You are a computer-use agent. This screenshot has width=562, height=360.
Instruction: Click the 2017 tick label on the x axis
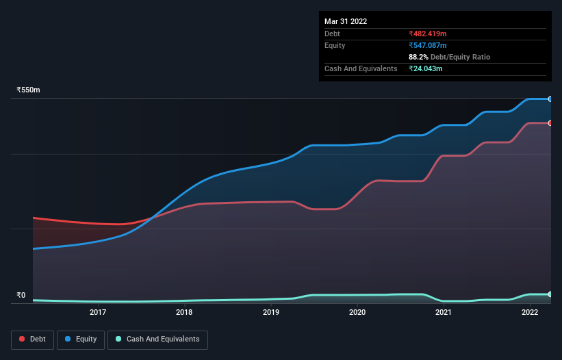pos(98,313)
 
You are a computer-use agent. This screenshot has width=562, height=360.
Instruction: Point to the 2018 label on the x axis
pos(184,313)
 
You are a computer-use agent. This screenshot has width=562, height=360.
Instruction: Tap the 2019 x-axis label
pos(271,313)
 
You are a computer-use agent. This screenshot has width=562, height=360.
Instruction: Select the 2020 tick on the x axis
pos(357,313)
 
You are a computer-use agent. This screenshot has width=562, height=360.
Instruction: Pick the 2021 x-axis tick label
pos(444,313)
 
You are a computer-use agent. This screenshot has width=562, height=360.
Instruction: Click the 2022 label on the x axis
pos(530,313)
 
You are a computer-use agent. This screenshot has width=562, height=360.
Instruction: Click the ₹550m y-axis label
pos(28,90)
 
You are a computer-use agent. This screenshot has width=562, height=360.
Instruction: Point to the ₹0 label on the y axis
pos(21,296)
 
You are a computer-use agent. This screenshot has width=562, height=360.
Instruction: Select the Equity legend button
pos(80,339)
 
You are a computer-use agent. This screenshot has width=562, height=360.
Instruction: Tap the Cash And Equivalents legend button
pos(157,339)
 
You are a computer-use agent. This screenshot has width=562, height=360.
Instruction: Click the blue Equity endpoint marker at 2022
pos(550,99)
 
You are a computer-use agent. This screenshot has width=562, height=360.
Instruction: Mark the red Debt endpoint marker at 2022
pos(550,123)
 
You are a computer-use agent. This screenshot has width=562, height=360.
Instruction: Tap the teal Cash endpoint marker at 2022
pos(550,294)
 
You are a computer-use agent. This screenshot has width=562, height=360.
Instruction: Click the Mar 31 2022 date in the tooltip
pos(346,21)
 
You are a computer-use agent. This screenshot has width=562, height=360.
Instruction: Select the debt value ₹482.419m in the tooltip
pos(427,34)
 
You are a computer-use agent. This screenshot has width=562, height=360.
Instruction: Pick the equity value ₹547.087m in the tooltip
pos(427,45)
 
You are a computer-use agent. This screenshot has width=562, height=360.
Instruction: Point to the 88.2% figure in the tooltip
pos(419,57)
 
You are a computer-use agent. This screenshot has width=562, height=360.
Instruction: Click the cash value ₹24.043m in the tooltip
pos(425,68)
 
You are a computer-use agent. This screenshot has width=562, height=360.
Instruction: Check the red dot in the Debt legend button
pos(23,339)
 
